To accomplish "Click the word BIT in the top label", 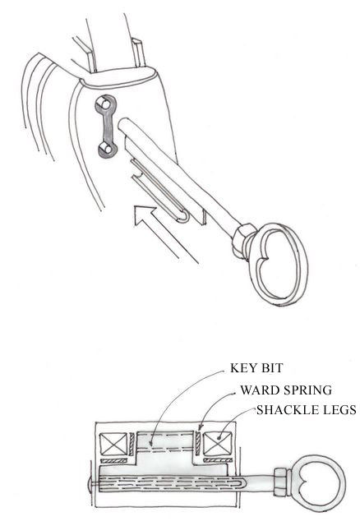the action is click(x=271, y=368).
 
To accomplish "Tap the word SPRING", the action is click(x=307, y=390).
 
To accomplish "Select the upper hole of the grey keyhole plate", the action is click(x=104, y=105).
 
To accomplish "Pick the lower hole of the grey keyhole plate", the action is click(x=105, y=148).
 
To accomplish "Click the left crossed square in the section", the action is click(x=114, y=444).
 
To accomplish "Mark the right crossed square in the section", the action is click(x=218, y=444).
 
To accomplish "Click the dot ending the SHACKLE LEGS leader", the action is click(x=219, y=437).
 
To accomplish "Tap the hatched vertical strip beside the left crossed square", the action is click(x=132, y=444).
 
